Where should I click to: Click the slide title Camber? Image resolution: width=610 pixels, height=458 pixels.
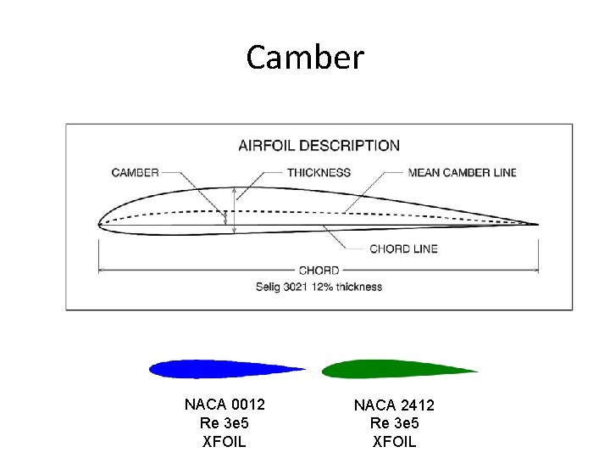[305, 58]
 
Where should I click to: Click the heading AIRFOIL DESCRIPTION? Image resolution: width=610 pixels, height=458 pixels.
[319, 145]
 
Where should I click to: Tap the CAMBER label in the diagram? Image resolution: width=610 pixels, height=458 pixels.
[136, 172]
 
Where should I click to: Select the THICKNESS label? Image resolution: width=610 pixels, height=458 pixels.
[319, 172]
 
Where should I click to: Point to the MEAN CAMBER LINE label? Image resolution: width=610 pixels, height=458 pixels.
[462, 172]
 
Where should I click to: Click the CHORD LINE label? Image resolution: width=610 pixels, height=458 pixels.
[403, 249]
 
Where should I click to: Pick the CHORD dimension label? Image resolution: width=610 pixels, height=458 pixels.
[319, 271]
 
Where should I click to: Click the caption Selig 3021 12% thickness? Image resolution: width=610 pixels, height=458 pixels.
[319, 287]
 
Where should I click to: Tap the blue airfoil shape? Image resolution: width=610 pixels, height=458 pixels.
[212, 369]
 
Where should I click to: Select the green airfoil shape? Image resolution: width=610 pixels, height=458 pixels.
[381, 369]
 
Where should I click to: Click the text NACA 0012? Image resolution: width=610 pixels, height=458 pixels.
[225, 405]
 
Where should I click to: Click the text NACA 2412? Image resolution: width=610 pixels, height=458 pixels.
[394, 406]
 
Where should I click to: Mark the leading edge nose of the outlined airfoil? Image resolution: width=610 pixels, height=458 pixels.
[100, 224]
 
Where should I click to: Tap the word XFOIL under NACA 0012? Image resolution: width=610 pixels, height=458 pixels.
[225, 441]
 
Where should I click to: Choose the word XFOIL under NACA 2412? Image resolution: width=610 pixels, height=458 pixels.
[394, 442]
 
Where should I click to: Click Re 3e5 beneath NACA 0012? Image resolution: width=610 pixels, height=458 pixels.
[225, 422]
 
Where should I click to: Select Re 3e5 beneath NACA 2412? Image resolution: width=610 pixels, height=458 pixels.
[394, 424]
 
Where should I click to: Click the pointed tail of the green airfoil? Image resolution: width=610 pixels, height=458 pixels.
[476, 371]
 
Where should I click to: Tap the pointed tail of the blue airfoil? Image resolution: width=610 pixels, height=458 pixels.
[303, 370]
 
